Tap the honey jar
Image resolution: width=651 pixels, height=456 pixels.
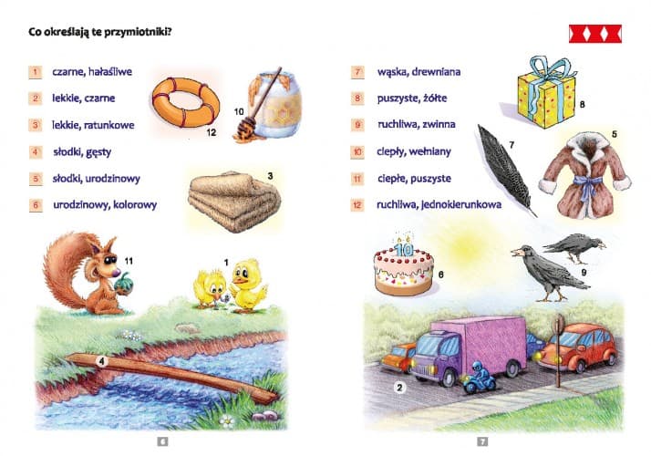[276, 106]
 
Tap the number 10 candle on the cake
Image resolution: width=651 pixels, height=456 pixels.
[404, 248]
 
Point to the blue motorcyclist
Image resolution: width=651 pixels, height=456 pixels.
[480, 378]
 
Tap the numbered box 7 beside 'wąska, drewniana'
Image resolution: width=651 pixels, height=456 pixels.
[357, 72]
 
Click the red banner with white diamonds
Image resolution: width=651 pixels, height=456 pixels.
[595, 34]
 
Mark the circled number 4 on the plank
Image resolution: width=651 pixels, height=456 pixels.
[102, 361]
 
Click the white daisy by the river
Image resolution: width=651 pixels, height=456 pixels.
[227, 421]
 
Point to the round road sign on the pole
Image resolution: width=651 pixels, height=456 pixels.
[560, 323]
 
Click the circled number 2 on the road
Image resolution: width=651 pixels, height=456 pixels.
[399, 388]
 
